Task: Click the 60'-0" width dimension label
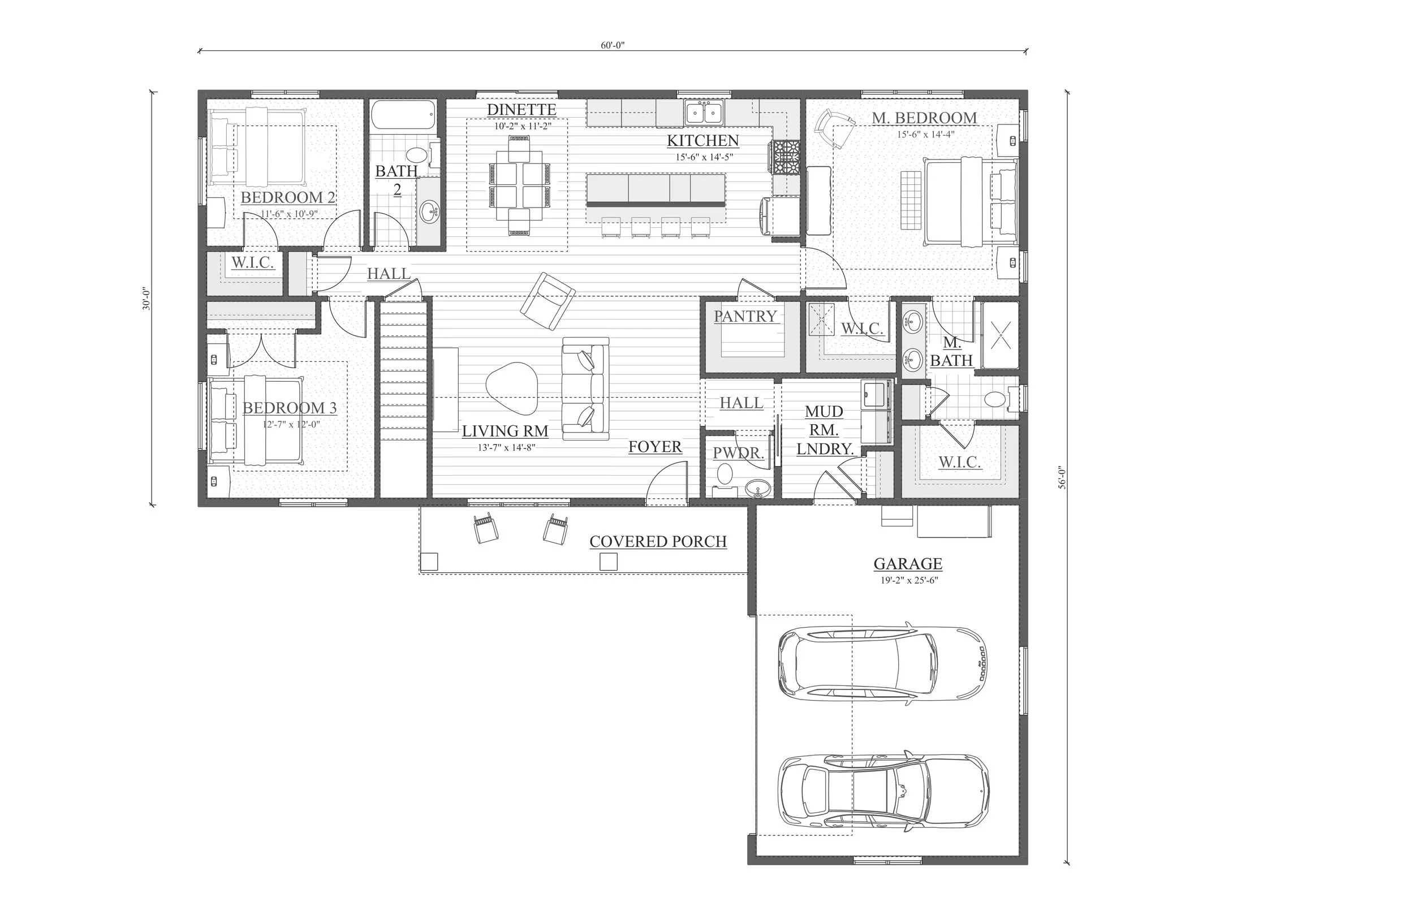(613, 45)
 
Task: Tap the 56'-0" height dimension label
(1062, 477)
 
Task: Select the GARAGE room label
(908, 563)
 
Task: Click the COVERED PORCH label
(658, 541)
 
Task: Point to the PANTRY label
(745, 316)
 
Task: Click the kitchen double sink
(704, 113)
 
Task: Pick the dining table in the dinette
(519, 185)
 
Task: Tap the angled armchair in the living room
(548, 301)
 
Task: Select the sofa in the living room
(586, 389)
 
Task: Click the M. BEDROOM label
(924, 118)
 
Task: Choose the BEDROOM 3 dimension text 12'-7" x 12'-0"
(291, 424)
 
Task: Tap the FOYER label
(656, 447)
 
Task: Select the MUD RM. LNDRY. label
(825, 430)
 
